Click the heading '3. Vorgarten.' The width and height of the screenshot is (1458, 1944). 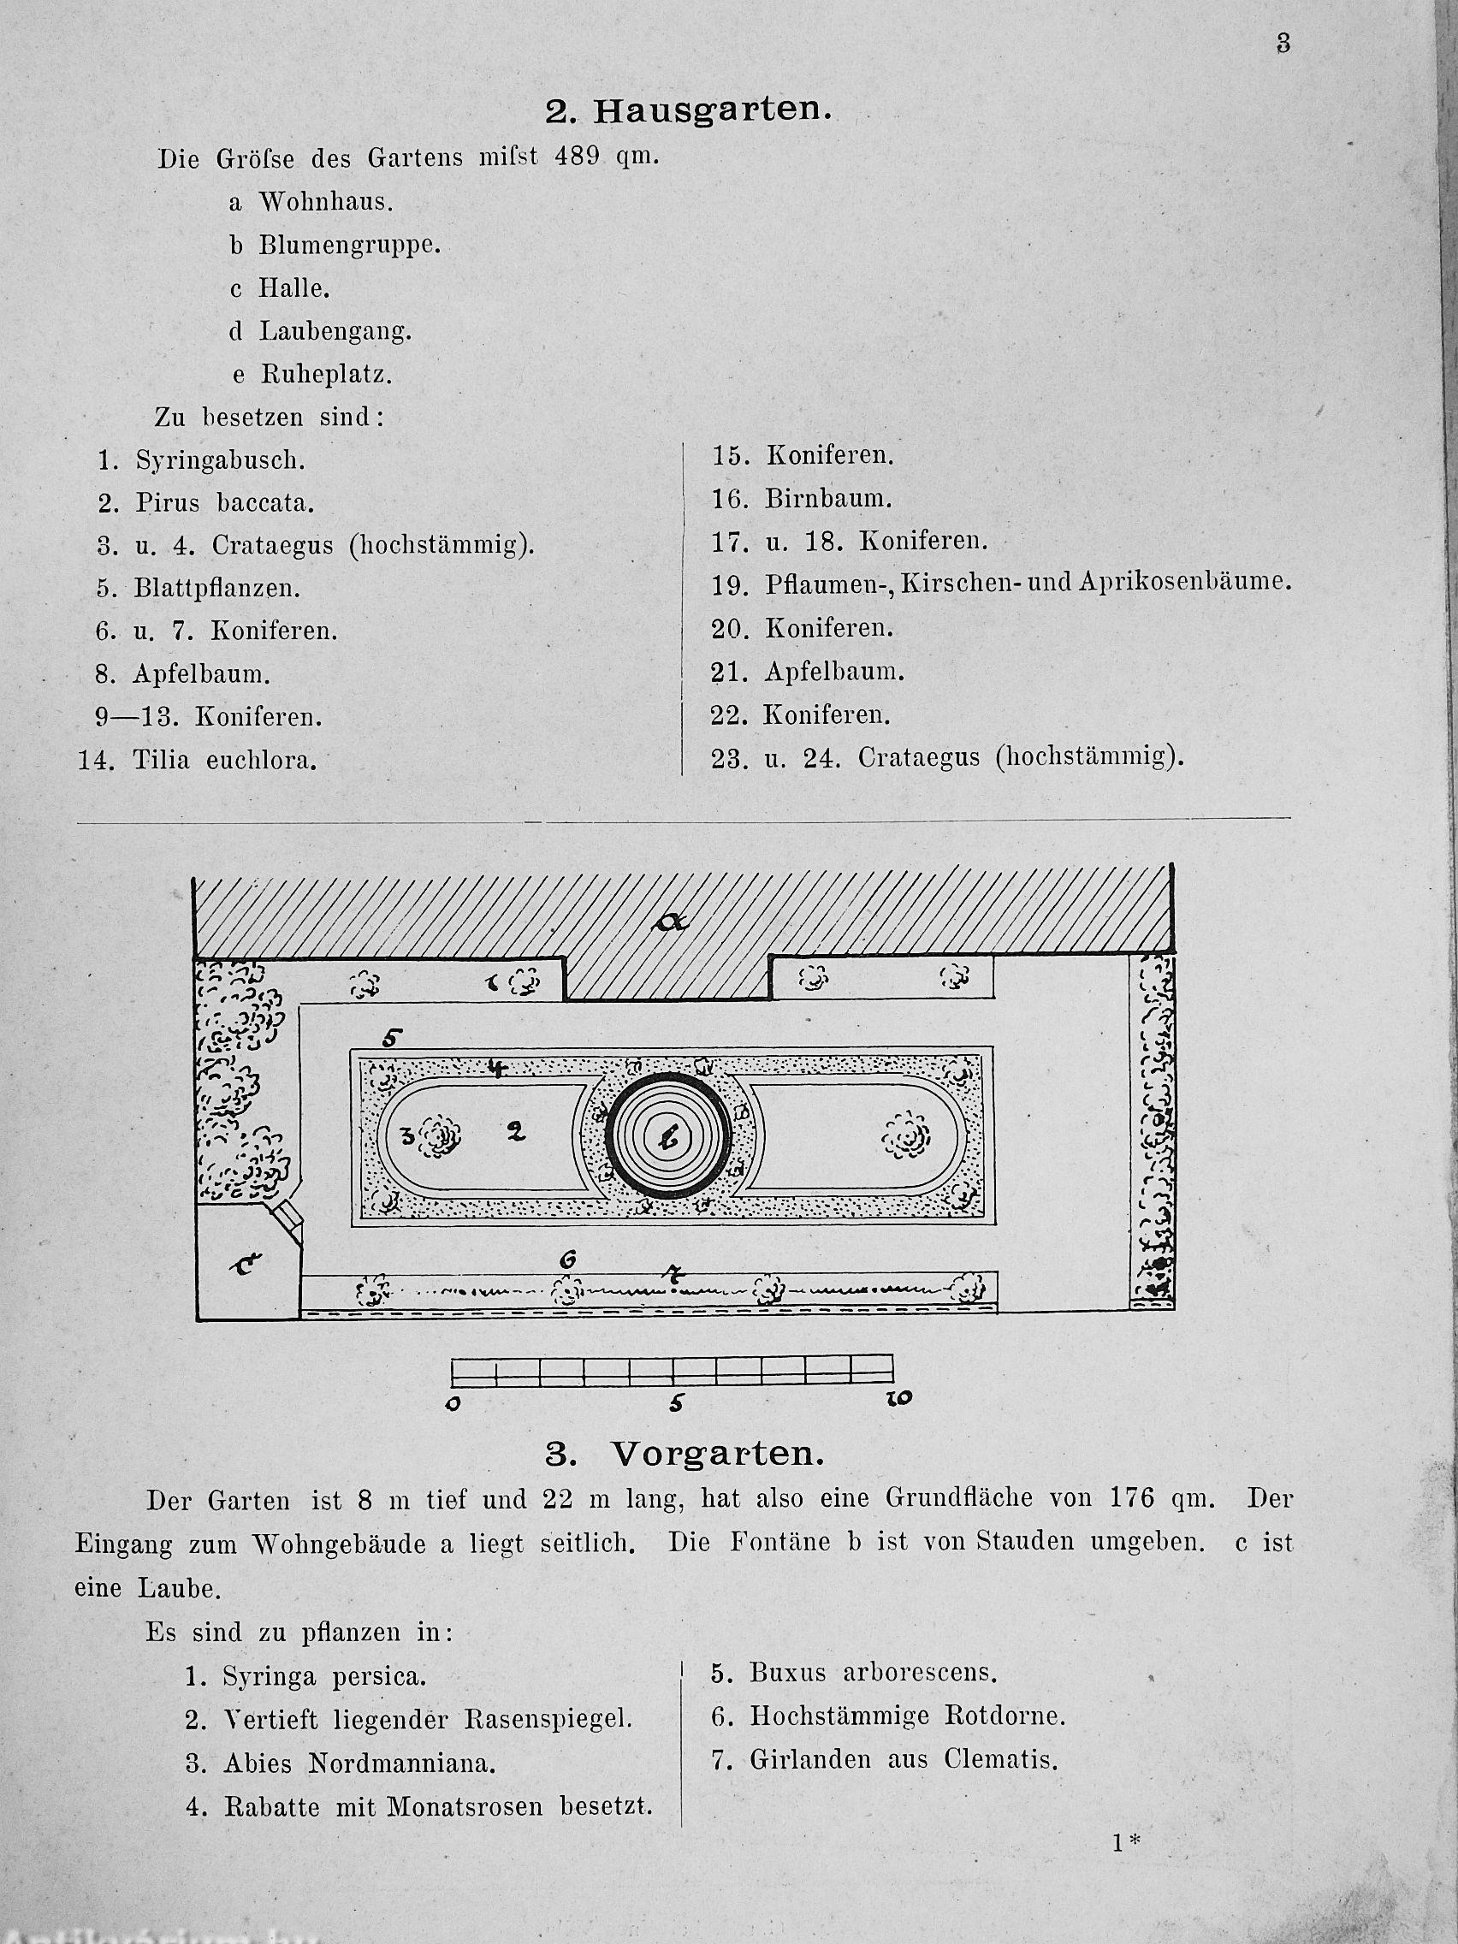tap(685, 1455)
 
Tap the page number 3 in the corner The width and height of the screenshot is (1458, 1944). tap(1283, 43)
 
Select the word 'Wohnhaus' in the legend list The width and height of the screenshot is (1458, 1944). tap(324, 202)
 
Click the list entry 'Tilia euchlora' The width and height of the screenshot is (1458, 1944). tap(224, 760)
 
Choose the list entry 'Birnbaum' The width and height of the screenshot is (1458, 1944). tap(828, 499)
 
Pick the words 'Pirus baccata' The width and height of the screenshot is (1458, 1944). tap(224, 503)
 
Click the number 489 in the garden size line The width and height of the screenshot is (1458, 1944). tap(578, 157)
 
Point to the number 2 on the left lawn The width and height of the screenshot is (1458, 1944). tap(516, 1133)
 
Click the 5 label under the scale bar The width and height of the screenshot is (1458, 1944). tap(675, 1404)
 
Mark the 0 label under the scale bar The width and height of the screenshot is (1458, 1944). tap(453, 1404)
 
